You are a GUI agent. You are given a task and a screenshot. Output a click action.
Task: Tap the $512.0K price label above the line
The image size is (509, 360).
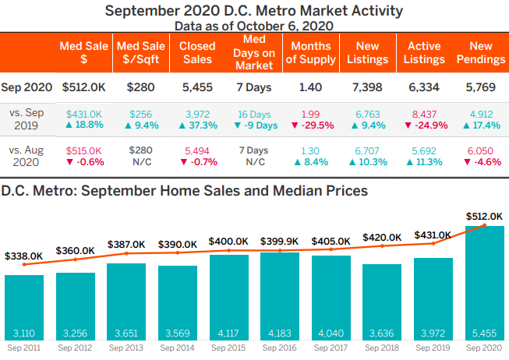(x=483, y=217)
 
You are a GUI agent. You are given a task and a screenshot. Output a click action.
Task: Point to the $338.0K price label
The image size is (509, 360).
(x=24, y=255)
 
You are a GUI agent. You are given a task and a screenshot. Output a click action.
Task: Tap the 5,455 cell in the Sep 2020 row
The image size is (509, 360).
(x=197, y=88)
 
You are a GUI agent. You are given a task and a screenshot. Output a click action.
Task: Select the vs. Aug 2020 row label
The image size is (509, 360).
(x=27, y=156)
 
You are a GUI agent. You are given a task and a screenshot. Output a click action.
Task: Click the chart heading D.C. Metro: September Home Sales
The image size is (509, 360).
(x=184, y=189)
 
